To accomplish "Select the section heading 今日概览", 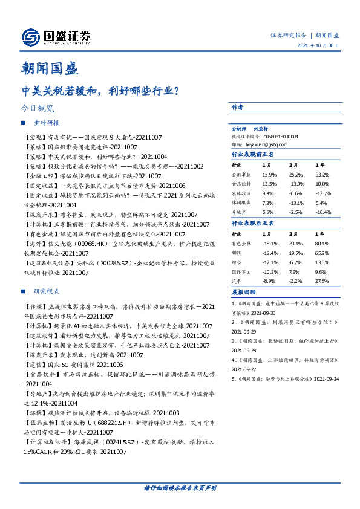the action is [x=37, y=109].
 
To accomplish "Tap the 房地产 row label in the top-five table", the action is [x=240, y=212].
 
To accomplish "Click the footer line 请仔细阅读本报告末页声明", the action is [x=180, y=487].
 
